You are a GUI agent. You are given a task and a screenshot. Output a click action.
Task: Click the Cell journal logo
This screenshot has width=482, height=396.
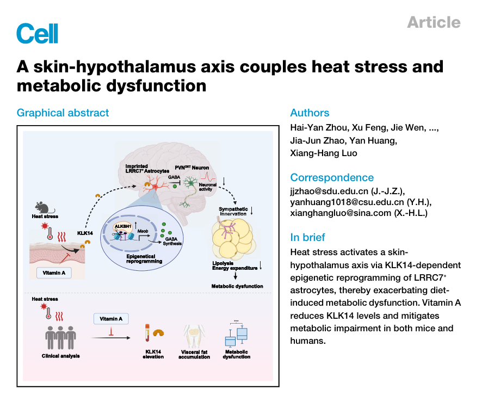tap(37, 33)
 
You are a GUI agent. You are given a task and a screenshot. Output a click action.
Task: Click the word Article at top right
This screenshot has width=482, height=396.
tap(434, 22)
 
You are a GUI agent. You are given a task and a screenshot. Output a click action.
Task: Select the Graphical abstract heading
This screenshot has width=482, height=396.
tap(63, 113)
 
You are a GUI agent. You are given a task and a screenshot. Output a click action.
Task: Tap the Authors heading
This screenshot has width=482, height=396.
tap(310, 113)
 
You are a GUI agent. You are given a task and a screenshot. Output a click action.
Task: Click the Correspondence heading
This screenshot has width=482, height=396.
tap(332, 177)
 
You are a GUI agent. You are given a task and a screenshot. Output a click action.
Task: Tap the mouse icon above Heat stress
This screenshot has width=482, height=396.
tap(42, 207)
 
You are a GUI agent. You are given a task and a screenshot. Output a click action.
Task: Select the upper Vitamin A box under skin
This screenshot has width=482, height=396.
tap(54, 273)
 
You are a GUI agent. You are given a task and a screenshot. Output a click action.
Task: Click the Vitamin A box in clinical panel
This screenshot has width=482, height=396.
tap(111, 318)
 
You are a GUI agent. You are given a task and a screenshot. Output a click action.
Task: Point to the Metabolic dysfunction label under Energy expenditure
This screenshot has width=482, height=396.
tap(237, 286)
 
